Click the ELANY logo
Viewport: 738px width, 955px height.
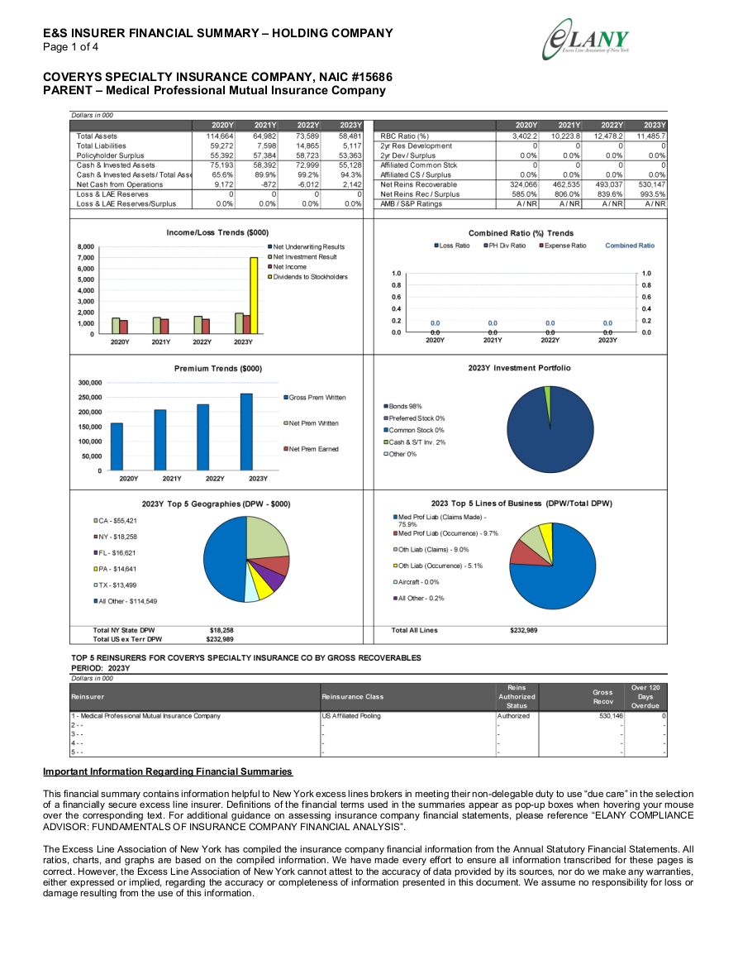[587, 39]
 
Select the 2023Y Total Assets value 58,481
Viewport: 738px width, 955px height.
[350, 136]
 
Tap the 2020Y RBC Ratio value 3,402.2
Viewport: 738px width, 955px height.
[525, 136]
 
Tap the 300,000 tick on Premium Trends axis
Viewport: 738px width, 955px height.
[90, 383]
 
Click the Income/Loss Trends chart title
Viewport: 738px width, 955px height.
[217, 232]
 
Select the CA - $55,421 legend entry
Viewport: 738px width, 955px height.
[115, 521]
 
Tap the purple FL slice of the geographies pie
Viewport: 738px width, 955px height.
[274, 580]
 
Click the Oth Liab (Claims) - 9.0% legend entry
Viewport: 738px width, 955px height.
[431, 549]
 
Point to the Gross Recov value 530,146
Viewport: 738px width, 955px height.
[612, 716]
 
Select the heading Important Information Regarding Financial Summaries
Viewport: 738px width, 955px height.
[168, 771]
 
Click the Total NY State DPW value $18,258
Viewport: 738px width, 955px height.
[221, 630]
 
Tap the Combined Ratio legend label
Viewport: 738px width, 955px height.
[630, 246]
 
